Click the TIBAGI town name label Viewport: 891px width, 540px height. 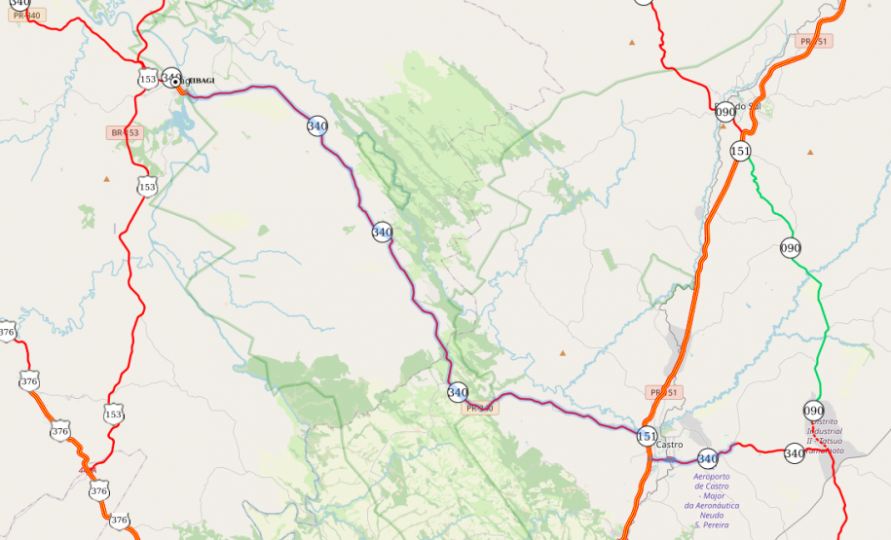(x=198, y=80)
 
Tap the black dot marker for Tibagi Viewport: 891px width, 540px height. (x=176, y=83)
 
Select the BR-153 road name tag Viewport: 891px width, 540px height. (x=125, y=132)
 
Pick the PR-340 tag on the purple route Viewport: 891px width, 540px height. (x=480, y=408)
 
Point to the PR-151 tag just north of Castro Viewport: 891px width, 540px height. (x=663, y=392)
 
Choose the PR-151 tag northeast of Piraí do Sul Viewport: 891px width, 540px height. (x=813, y=41)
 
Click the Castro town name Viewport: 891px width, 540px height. (x=671, y=445)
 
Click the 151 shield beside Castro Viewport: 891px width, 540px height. (x=647, y=436)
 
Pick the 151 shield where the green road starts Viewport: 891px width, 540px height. (x=741, y=151)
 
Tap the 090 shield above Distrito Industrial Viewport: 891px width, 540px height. (x=814, y=411)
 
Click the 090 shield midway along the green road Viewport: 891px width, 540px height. (x=791, y=248)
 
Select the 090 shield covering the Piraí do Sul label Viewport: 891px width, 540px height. (x=725, y=112)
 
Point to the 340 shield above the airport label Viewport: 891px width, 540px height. (x=708, y=458)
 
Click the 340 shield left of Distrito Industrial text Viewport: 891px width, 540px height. (x=795, y=452)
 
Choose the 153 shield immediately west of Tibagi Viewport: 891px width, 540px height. (x=148, y=79)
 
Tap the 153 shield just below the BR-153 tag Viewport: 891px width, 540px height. (x=147, y=186)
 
